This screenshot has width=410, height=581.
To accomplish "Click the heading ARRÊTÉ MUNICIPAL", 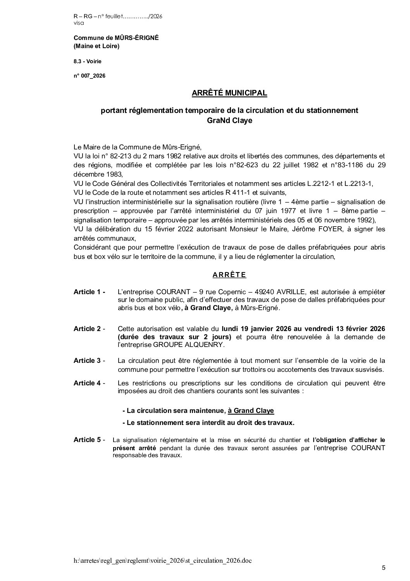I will click(x=229, y=93).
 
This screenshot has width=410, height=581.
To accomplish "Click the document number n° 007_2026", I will click(x=89, y=76).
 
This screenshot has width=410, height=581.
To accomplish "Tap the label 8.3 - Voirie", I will click(x=88, y=61).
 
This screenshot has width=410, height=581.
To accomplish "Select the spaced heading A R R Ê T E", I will click(x=229, y=275).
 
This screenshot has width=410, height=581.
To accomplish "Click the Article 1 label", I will click(x=89, y=292).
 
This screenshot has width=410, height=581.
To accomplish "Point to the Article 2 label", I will click(x=89, y=329).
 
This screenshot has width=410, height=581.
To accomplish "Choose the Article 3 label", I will click(x=89, y=361).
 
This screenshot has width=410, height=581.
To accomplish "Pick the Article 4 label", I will click(x=89, y=383).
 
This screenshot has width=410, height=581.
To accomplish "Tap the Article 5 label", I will click(x=89, y=440).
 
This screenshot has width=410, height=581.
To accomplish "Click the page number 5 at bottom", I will click(x=384, y=568).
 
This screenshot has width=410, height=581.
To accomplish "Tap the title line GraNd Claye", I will click(x=229, y=120).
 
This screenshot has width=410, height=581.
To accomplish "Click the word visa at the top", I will click(x=78, y=23).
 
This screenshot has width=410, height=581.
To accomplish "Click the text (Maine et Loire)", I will click(x=96, y=46).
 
